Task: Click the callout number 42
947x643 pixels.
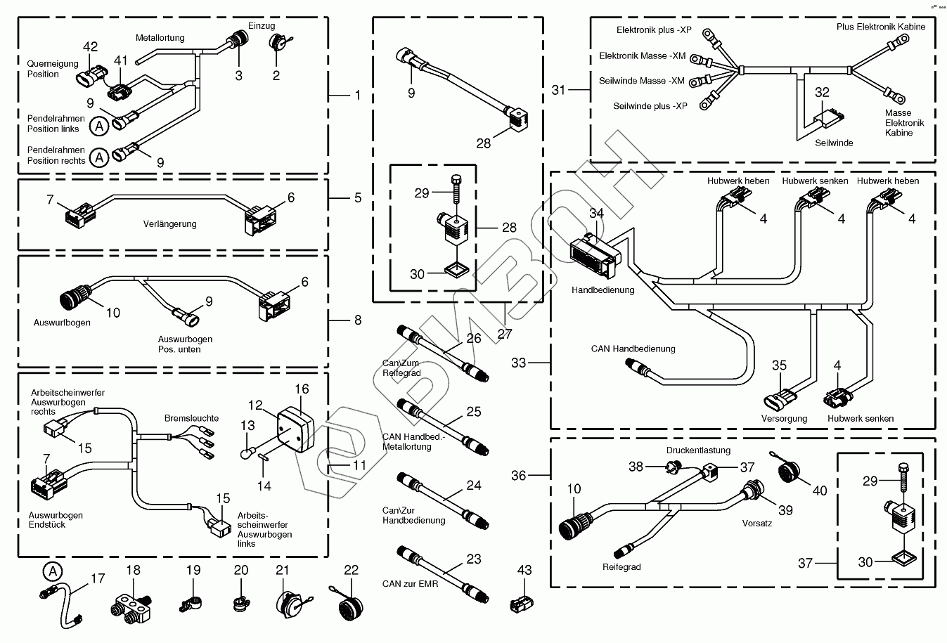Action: click(91, 47)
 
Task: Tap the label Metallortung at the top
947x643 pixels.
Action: click(160, 37)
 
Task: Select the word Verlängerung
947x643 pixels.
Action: click(170, 224)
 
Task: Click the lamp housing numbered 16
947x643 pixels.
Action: click(295, 431)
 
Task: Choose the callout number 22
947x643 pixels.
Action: click(351, 570)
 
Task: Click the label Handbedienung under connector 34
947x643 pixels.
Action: click(603, 290)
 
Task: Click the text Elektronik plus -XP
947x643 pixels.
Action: click(654, 30)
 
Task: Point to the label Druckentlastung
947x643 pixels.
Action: click(698, 450)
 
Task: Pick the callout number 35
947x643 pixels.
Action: click(779, 365)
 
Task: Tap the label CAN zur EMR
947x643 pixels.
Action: click(410, 583)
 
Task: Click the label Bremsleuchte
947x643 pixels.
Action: click(191, 418)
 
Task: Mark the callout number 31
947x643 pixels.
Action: click(558, 90)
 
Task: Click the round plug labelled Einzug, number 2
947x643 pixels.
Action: click(276, 44)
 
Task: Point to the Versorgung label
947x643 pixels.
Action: click(784, 418)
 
